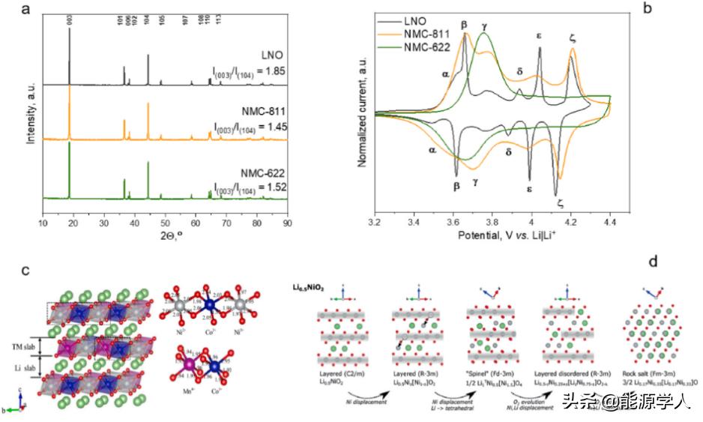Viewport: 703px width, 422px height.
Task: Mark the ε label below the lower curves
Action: [x=529, y=189]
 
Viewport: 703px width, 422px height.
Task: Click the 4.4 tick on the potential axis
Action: [x=610, y=223]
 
